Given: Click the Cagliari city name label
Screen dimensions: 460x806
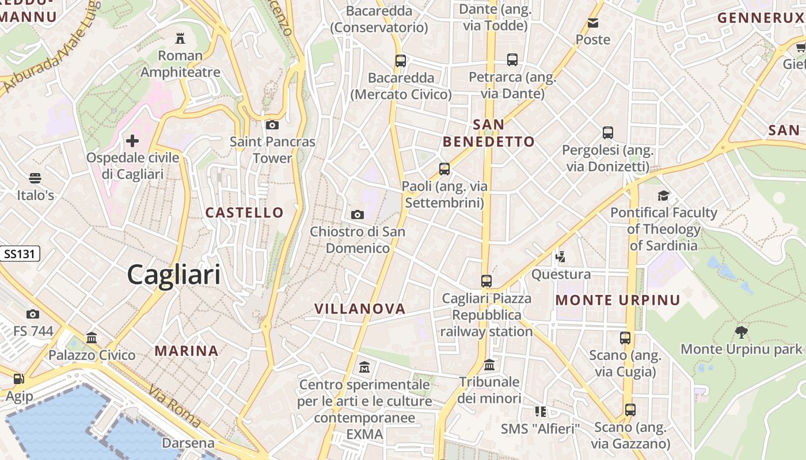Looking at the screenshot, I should pos(173,275).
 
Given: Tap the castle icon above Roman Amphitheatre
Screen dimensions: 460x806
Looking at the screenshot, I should pos(180,39).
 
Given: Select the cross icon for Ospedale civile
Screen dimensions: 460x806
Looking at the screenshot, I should pos(132,140).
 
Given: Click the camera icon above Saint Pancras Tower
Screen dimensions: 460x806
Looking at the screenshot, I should pos(272,125).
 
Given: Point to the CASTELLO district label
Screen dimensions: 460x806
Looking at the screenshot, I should pos(245,213).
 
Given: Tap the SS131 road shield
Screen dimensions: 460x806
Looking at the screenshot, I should pos(20,254).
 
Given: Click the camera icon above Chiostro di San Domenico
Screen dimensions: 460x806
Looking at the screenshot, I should pos(358,215).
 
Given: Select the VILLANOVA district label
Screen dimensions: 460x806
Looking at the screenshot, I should pos(360,309).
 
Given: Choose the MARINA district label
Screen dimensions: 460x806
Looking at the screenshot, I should pos(187,351).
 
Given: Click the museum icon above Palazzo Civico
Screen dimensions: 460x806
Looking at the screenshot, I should pos(92,338).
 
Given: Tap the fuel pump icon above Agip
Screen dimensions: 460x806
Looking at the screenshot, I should pos(19,379).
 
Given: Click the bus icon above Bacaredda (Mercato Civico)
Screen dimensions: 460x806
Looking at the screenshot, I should pos(401,60).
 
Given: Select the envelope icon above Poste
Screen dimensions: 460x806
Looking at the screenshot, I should pos(593,23).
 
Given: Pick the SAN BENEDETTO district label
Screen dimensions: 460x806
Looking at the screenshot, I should pos(489,133).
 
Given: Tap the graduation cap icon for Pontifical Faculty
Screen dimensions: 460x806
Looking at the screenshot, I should pos(664,195).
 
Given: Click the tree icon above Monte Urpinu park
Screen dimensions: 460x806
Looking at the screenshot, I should pos(741,332).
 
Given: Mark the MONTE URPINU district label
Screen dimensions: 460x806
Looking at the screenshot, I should pos(618,300).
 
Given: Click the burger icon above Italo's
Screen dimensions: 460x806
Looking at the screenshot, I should pos(35,178).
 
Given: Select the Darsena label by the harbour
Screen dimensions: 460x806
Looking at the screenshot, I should pos(188,443).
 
